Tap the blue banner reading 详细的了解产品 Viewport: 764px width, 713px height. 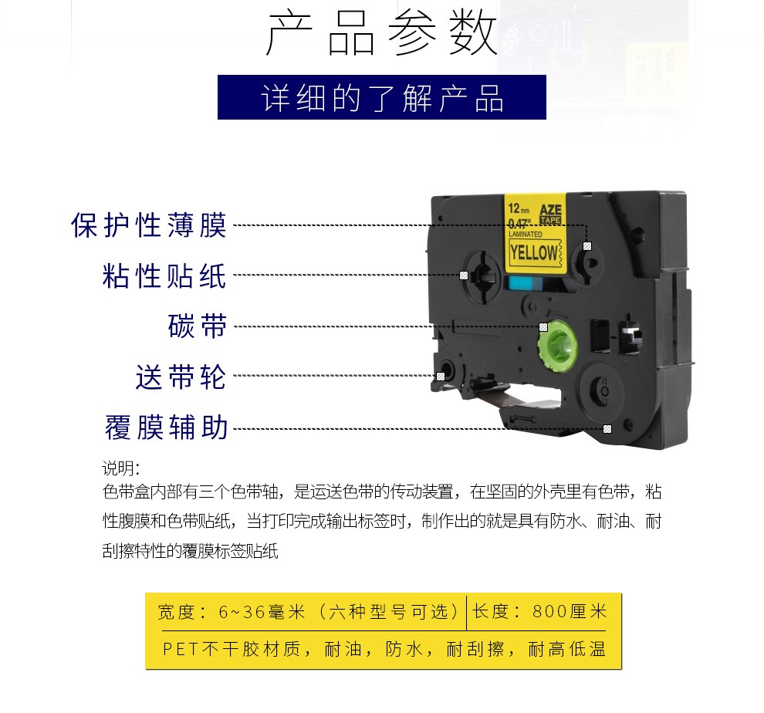tap(381, 97)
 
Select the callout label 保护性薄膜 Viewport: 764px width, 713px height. tap(149, 225)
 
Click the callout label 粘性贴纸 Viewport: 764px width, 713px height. tap(164, 275)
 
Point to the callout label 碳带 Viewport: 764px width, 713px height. tap(198, 326)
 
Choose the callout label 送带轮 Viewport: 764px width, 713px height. tap(181, 377)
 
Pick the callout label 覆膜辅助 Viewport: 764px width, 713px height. tap(167, 427)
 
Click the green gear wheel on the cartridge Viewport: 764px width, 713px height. tap(557, 346)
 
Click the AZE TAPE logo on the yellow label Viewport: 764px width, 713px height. tap(550, 214)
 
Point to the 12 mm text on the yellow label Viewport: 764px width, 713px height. tap(519, 209)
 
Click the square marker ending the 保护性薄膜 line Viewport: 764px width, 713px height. tap(587, 246)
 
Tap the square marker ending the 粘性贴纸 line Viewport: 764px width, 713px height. tap(464, 275)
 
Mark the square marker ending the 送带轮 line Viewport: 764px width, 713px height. tap(441, 377)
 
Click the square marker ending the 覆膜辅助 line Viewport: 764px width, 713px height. tap(607, 429)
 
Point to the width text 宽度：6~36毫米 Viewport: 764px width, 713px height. tap(232, 612)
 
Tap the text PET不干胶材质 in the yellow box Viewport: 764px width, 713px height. tap(232, 649)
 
